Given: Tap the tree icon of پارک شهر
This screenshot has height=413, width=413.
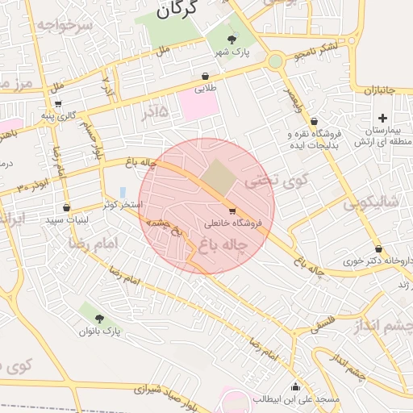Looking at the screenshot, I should pyautogui.click(x=232, y=39).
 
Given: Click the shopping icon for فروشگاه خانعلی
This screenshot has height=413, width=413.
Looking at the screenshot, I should pyautogui.click(x=233, y=211).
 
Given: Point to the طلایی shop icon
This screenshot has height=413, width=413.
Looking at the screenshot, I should pyautogui.click(x=205, y=77).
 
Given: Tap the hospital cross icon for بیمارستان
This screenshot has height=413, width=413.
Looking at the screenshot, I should pyautogui.click(x=382, y=118).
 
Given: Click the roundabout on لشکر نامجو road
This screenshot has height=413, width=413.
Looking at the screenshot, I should pyautogui.click(x=276, y=60).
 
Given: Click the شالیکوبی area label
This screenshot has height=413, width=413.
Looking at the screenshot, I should pyautogui.click(x=371, y=203).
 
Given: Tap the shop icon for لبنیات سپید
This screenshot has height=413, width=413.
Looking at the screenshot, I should pyautogui.click(x=66, y=207).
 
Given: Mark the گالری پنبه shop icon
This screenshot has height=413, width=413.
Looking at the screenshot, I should pyautogui.click(x=58, y=103).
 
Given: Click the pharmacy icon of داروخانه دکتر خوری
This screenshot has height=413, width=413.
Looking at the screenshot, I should pyautogui.click(x=378, y=248).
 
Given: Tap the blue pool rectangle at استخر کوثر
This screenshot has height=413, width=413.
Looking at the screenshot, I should pyautogui.click(x=123, y=192).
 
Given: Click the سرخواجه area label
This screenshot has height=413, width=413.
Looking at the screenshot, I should pyautogui.click(x=65, y=25).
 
